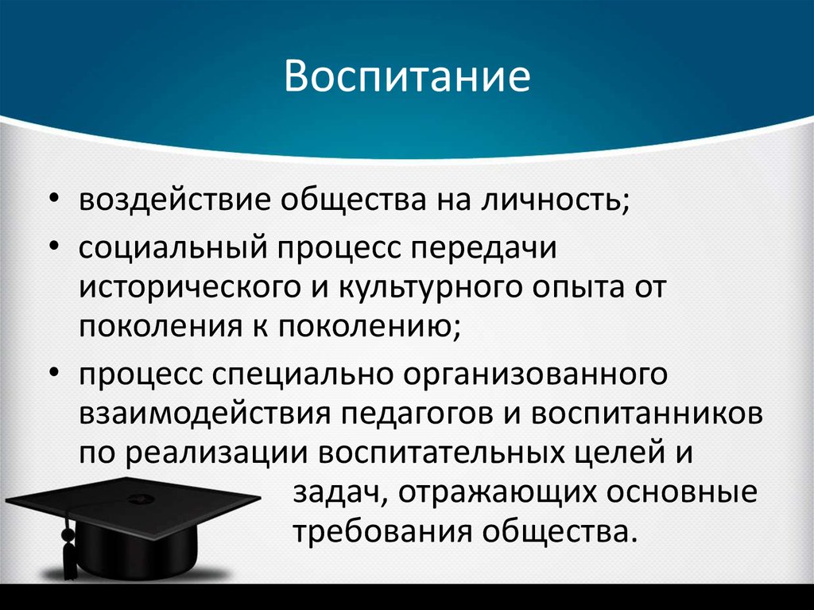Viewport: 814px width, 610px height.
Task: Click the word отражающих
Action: click(502, 492)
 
